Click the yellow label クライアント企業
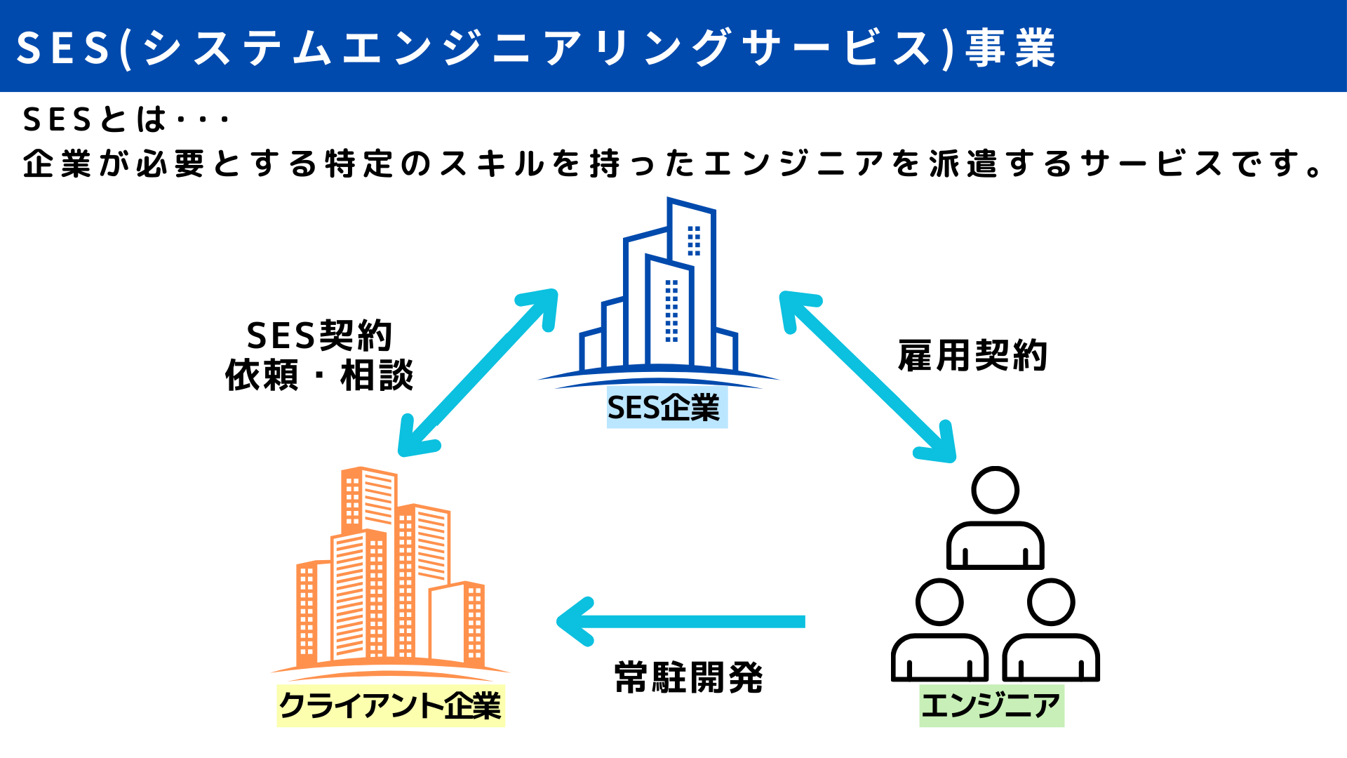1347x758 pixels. point(391,705)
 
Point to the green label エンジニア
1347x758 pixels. point(991,705)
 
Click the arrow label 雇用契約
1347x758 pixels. point(972,355)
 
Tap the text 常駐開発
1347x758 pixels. point(688,677)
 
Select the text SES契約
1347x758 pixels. point(319,335)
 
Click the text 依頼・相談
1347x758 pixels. point(319,375)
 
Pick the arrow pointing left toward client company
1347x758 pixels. point(681,621)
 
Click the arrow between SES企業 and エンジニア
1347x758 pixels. point(868,376)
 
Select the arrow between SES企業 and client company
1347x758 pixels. point(478,373)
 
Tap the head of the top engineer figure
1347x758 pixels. point(995,490)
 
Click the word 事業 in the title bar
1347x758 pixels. point(1010,48)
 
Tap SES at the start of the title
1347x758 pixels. point(63,48)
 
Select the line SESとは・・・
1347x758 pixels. point(126,119)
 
